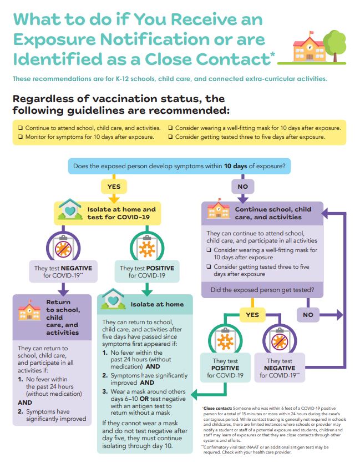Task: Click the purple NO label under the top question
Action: click(242, 186)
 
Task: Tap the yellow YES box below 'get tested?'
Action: click(252, 315)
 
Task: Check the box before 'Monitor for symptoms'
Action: click(21, 137)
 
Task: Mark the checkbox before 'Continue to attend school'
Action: click(21, 128)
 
